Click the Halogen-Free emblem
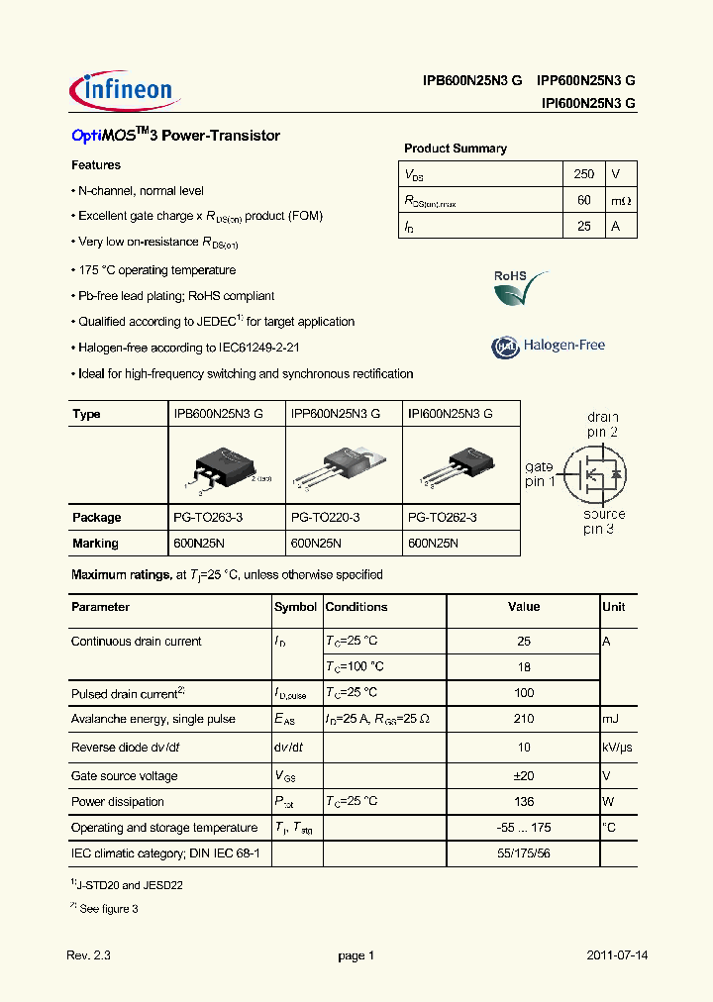pyautogui.click(x=548, y=346)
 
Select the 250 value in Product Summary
pyautogui.click(x=584, y=174)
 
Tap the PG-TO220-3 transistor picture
pyautogui.click(x=345, y=465)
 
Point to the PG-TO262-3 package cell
pyautogui.click(x=443, y=517)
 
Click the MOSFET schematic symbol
pyautogui.click(x=595, y=474)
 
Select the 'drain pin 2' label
pyautogui.click(x=602, y=426)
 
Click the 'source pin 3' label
pyautogui.click(x=603, y=521)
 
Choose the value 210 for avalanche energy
pyautogui.click(x=524, y=719)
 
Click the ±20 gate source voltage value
pyautogui.click(x=524, y=776)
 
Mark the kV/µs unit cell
pyautogui.click(x=618, y=748)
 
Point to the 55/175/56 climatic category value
pyautogui.click(x=524, y=852)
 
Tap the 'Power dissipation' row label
pyautogui.click(x=118, y=802)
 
